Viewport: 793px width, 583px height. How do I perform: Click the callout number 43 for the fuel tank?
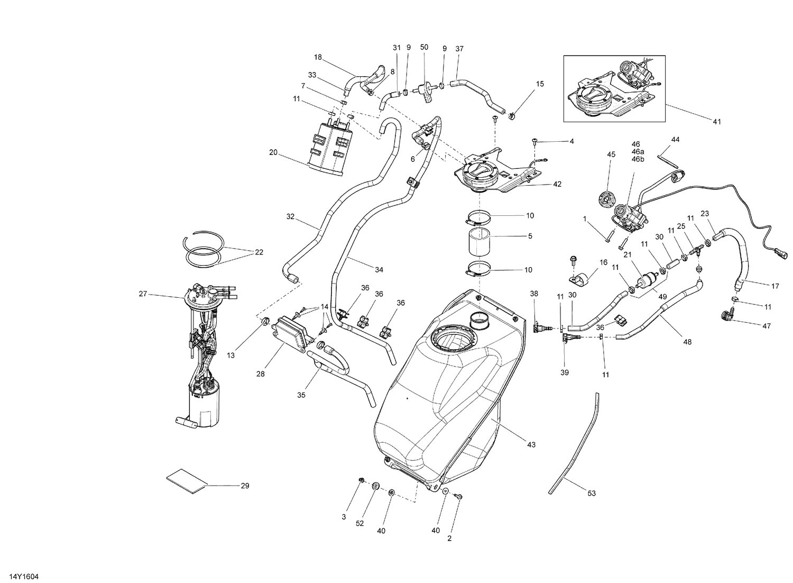coord(531,445)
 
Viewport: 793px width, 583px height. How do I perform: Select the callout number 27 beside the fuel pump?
coord(143,294)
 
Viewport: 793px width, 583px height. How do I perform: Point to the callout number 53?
coord(592,493)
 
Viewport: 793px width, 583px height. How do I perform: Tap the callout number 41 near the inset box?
coord(717,122)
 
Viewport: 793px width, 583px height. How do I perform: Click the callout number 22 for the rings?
coord(259,252)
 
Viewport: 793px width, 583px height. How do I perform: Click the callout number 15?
coord(540,84)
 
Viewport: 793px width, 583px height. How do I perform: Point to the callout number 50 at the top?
coord(424,48)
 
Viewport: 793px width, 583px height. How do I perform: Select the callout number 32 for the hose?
coord(290,216)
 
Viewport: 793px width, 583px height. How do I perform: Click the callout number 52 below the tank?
coord(360,524)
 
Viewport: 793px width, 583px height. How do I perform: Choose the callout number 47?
coord(767,326)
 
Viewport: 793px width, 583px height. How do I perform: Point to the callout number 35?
coord(301,395)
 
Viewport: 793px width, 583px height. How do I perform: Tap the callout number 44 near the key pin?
coord(675,140)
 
